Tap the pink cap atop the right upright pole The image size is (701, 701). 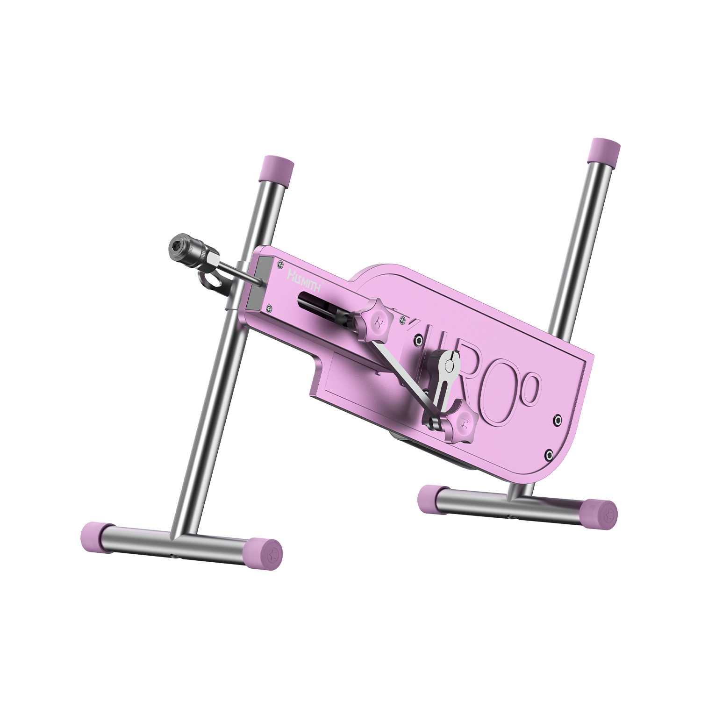606,150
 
